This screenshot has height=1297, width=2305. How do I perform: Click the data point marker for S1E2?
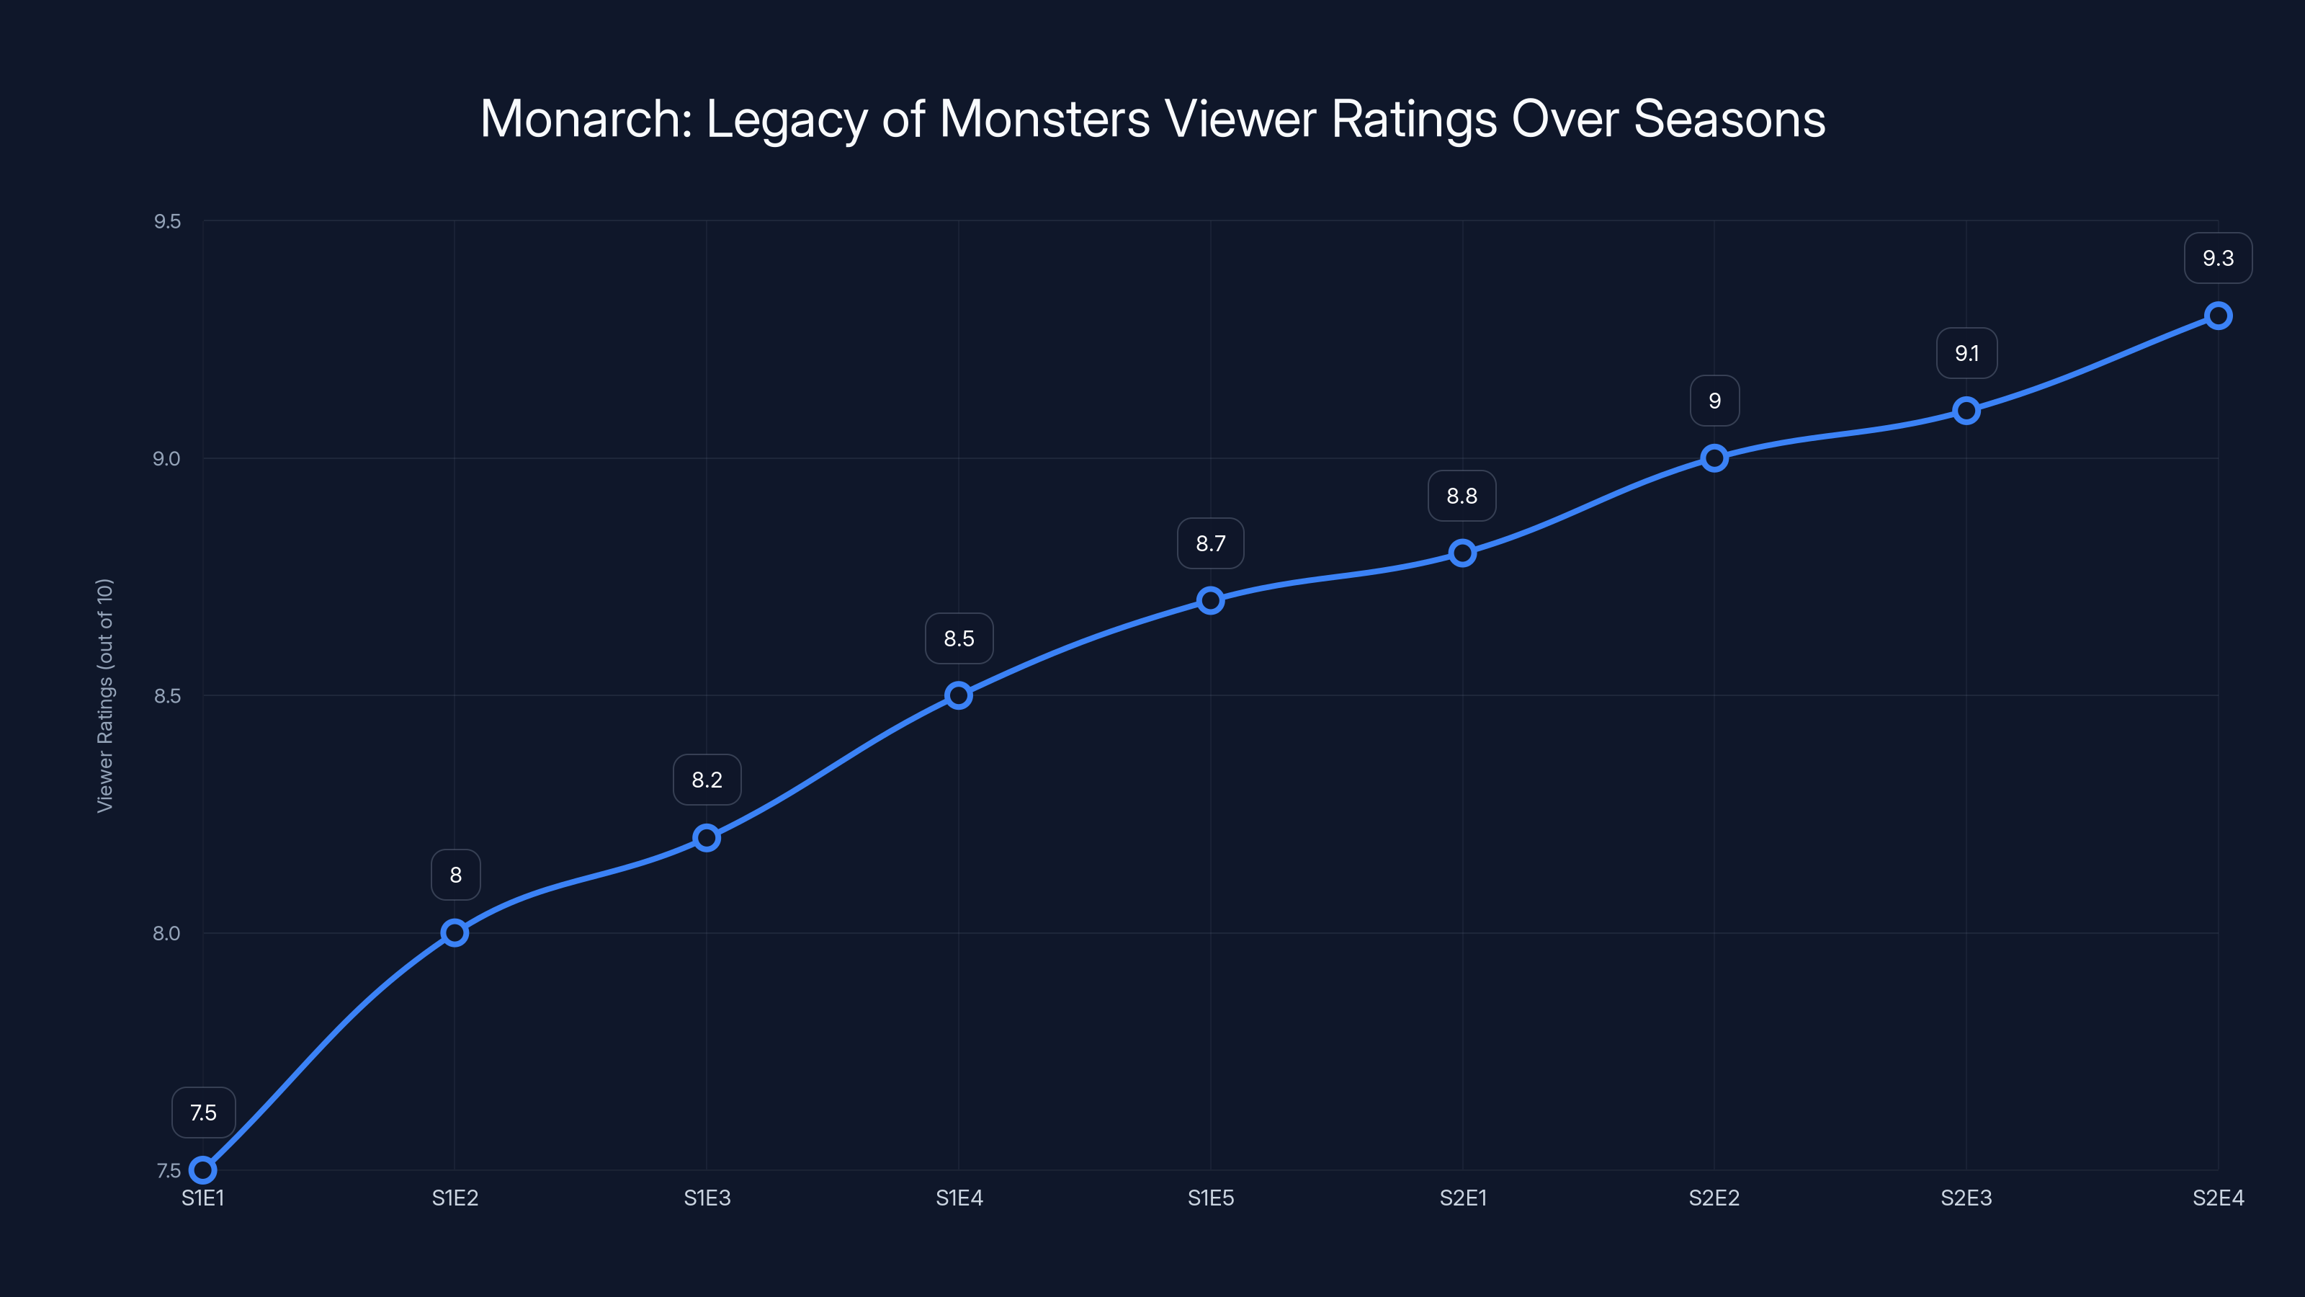tap(455, 932)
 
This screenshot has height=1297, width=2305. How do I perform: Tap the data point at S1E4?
tap(958, 695)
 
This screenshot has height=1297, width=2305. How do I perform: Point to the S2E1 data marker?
tap(1462, 553)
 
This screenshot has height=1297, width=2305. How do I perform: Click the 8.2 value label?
tap(707, 780)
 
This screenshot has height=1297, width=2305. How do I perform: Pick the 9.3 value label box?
tap(2217, 258)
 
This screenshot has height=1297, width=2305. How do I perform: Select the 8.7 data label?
tap(1210, 543)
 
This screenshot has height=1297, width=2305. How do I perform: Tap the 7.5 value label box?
tap(203, 1113)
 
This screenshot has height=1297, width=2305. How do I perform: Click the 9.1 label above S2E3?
tap(1966, 354)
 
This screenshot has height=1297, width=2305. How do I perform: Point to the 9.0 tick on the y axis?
tap(166, 458)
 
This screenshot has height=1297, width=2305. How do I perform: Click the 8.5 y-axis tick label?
tap(166, 695)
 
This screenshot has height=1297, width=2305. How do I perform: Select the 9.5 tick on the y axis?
tap(166, 221)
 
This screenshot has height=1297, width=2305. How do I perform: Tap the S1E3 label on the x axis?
tap(707, 1198)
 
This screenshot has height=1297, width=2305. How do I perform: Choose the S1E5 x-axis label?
tap(1210, 1198)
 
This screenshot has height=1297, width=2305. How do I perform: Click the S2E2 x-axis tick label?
tap(1714, 1198)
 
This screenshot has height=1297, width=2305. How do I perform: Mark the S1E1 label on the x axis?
tap(203, 1198)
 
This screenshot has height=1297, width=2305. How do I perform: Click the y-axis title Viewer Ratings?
tap(104, 695)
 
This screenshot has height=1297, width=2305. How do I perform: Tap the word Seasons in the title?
tap(1729, 119)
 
